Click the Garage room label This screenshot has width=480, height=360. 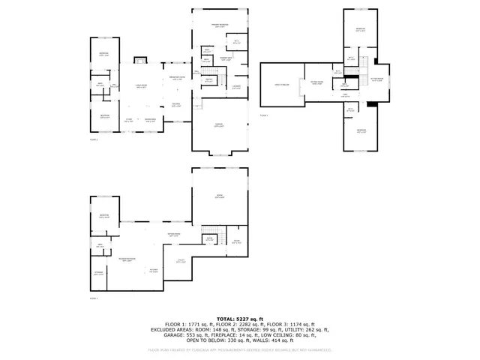point(219,124)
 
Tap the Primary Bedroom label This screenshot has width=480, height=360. point(219,25)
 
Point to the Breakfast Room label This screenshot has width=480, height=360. point(177,78)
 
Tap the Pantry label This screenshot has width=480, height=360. point(209,79)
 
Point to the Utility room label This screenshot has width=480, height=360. point(180,261)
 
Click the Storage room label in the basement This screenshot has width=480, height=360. point(99,272)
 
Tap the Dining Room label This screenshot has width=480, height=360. point(150,120)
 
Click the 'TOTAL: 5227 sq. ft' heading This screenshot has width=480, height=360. point(239,319)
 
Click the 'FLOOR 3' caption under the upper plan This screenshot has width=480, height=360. point(264,115)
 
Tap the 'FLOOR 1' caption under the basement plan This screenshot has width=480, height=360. point(94,298)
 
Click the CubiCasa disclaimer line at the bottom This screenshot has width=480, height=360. point(239,349)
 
